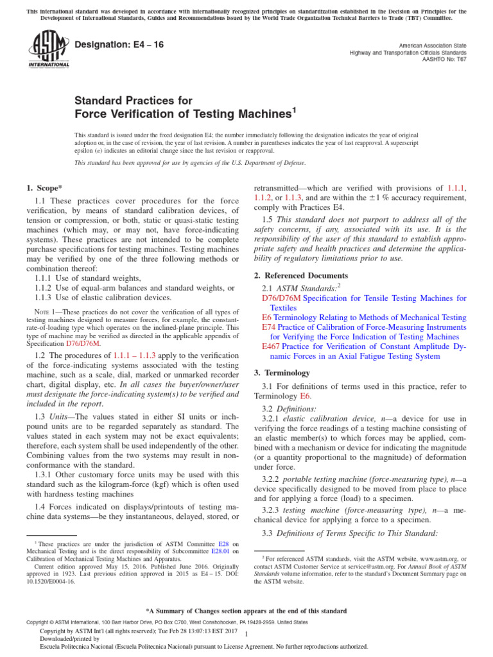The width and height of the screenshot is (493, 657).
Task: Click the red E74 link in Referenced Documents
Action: point(268,327)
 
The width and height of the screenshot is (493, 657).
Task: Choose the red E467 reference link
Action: point(270,346)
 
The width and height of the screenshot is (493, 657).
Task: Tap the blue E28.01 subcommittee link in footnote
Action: point(221,550)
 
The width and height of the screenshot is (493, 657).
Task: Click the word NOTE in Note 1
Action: point(41,311)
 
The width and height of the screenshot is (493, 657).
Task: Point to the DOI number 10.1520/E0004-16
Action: point(49,583)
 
